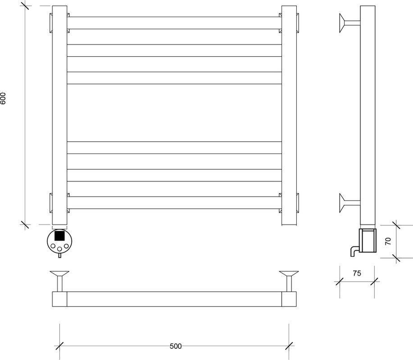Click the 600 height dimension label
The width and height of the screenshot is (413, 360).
click(x=3, y=98)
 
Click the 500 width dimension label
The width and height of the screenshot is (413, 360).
click(x=175, y=346)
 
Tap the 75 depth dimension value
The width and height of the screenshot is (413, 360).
click(x=357, y=274)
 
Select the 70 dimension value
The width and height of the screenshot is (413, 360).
click(x=388, y=241)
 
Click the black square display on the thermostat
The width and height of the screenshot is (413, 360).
click(x=59, y=235)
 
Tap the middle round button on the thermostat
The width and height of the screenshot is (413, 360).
click(x=59, y=249)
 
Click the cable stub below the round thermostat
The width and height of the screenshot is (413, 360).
click(x=59, y=255)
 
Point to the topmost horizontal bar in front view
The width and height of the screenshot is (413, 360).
click(x=174, y=23)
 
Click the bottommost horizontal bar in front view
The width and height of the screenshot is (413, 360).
click(x=174, y=202)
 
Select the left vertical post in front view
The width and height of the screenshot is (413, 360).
click(x=59, y=115)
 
